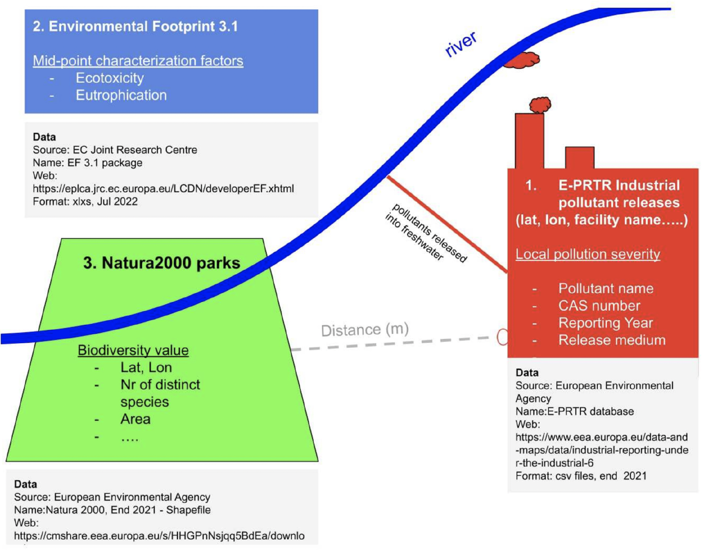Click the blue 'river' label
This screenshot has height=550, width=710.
click(x=461, y=44)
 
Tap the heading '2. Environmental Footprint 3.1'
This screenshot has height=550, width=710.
click(x=135, y=27)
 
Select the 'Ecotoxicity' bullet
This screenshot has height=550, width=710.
click(x=109, y=78)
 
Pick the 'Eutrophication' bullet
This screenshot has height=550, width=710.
click(x=121, y=96)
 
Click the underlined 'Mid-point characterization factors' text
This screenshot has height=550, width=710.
click(x=138, y=61)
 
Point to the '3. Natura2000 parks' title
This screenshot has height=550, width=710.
click(x=162, y=263)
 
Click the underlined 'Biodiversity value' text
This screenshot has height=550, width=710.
click(x=133, y=350)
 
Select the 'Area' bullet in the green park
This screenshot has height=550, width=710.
click(x=135, y=419)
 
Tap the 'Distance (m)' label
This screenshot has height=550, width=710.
click(x=364, y=330)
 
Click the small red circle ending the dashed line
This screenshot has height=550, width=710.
click(x=502, y=337)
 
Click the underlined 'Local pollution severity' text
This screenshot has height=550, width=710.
click(x=587, y=254)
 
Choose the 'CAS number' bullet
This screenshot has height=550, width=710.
click(x=599, y=306)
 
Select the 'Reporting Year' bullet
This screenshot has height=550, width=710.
click(x=605, y=323)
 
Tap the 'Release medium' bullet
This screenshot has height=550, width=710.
click(x=612, y=340)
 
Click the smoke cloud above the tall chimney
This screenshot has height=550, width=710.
click(x=540, y=105)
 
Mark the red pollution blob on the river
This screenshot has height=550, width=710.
click(x=522, y=60)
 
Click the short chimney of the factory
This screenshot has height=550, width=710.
click(x=579, y=157)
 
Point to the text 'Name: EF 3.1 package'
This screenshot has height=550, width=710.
click(x=88, y=163)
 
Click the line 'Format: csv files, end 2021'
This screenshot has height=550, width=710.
click(x=581, y=476)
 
